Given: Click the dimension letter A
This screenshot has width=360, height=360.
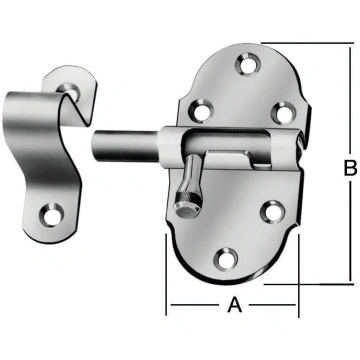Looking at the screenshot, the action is click(235, 305).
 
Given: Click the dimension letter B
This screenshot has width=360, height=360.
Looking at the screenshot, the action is click(351, 168).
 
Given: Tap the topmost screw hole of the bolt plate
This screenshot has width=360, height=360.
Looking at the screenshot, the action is click(248, 64).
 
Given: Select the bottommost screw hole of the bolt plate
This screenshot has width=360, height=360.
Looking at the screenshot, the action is click(226, 259).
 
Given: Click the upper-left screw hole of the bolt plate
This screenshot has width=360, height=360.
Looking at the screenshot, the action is click(201, 110).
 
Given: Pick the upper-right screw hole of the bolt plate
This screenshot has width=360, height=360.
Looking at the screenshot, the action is click(283, 113).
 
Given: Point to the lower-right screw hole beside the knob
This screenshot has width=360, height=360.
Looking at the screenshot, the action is click(273, 212).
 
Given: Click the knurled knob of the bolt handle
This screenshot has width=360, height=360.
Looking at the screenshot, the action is click(188, 202).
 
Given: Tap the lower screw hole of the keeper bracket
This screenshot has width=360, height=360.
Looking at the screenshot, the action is click(52, 216).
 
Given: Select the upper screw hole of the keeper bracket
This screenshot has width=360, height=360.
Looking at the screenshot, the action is click(70, 90).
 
